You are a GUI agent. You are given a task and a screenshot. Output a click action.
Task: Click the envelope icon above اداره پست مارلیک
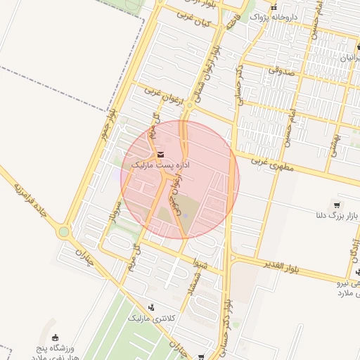(x=161, y=154)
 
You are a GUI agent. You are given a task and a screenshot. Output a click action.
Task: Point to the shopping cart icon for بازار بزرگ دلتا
(x=339, y=202)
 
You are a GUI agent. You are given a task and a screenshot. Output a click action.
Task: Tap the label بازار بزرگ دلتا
(x=338, y=213)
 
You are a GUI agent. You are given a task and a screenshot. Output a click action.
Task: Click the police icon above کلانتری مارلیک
(x=152, y=307)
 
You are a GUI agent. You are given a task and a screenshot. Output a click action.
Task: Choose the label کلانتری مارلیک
(x=148, y=318)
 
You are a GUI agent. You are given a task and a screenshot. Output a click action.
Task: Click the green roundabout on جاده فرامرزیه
(x=64, y=231)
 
